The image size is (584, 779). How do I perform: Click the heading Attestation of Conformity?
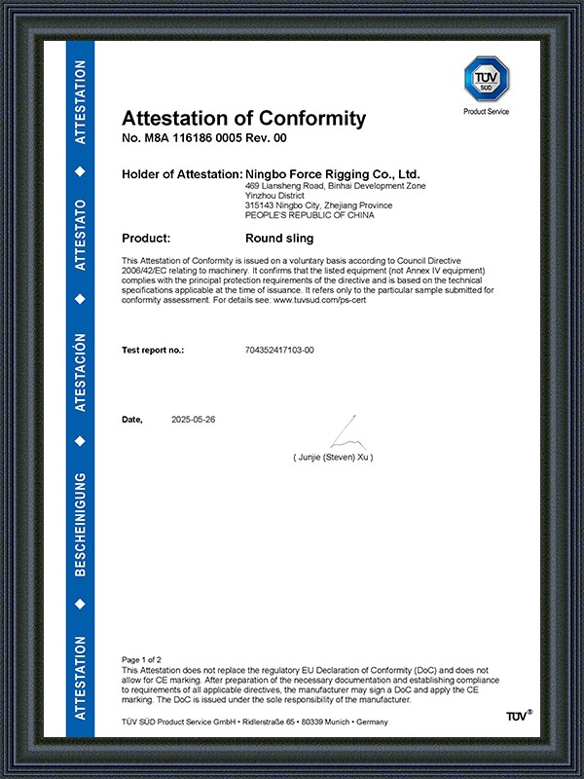pos(243,119)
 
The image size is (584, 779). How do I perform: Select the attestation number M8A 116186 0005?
pos(195,139)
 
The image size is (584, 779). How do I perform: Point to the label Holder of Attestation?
pos(182,173)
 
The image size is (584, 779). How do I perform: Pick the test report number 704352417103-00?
pos(280,349)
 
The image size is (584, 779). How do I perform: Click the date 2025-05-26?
pos(193,419)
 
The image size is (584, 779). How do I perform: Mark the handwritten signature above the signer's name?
pos(343,433)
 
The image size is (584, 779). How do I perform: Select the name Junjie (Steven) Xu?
pos(333,456)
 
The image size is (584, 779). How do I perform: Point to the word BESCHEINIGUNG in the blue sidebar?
pos(81,525)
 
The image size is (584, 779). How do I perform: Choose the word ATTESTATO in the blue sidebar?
pos(81,234)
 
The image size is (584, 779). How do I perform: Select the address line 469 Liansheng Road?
pos(291,185)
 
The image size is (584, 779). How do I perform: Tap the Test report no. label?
pos(153,349)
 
